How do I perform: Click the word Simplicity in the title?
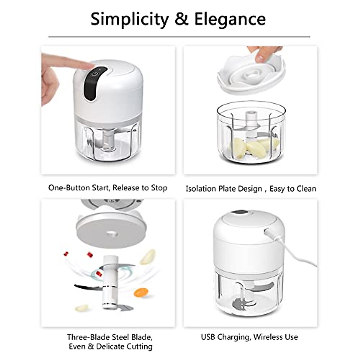(130, 19)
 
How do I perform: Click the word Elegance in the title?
(230, 19)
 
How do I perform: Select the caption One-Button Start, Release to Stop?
(108, 188)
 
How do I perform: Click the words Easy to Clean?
(292, 189)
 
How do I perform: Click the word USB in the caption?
(208, 337)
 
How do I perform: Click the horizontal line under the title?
(179, 37)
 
